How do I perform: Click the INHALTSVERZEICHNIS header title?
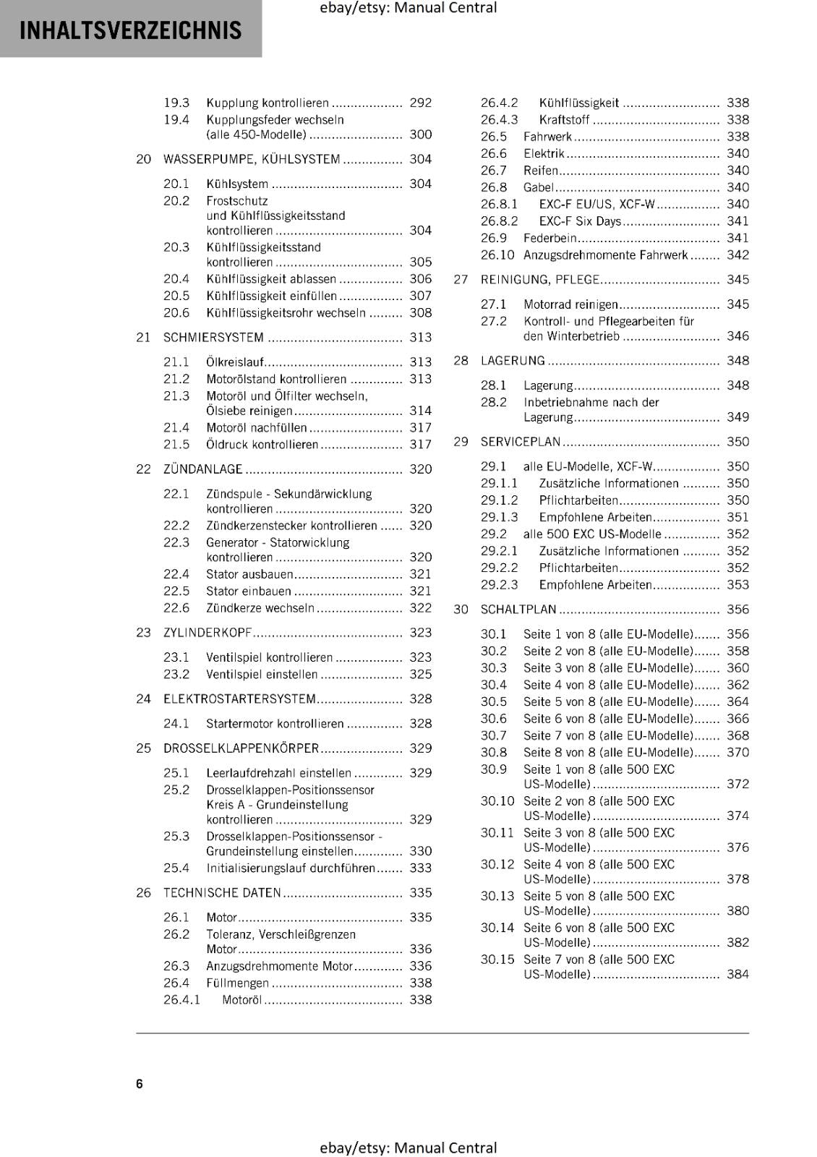coord(130,30)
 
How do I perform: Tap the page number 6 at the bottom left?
coord(140,1083)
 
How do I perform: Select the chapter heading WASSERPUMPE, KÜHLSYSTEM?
coord(251,159)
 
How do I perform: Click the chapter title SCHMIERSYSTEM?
coord(213,337)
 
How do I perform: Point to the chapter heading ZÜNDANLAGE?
coord(202,469)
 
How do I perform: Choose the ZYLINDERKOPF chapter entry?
coord(207,633)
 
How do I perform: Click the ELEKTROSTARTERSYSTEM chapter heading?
coord(239,699)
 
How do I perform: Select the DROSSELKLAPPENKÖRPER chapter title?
coord(241,748)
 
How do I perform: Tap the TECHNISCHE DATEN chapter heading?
coord(222,893)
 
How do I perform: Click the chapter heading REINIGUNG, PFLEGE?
coord(539,280)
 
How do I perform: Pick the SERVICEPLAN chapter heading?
coord(520,442)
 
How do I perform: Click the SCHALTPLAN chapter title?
coord(518,610)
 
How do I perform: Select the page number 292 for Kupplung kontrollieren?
coord(420,103)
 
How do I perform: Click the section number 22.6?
coord(176,608)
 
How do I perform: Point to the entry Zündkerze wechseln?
coord(260,608)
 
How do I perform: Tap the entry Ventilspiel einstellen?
coord(262,675)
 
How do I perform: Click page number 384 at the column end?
coord(737,974)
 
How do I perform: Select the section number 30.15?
coord(497,960)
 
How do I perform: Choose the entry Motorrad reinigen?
coord(570,304)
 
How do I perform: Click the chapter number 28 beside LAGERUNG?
coord(461,361)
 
